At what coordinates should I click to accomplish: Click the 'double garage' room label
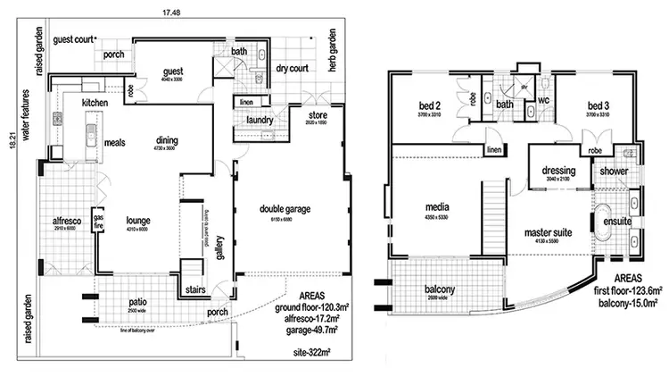(x=285, y=209)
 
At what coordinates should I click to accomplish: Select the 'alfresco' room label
(x=68, y=220)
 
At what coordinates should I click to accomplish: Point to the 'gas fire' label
(x=100, y=222)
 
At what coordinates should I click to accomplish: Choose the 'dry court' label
(x=292, y=69)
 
